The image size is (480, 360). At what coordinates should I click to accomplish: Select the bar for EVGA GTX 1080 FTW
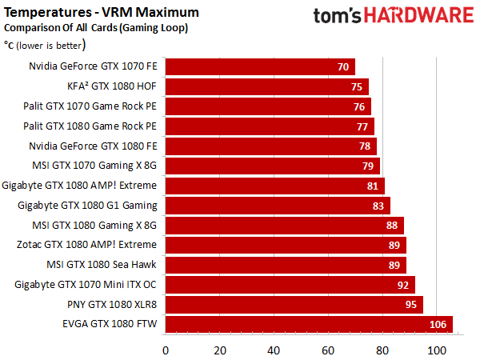[309, 324]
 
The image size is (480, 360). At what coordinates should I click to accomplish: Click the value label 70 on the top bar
[343, 67]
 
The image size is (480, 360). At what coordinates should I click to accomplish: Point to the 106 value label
[438, 324]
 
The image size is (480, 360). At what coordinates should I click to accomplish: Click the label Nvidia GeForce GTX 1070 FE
[93, 67]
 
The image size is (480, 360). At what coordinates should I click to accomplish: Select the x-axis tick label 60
[328, 350]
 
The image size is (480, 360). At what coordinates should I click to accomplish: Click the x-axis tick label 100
[436, 350]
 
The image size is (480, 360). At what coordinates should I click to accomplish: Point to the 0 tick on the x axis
[166, 350]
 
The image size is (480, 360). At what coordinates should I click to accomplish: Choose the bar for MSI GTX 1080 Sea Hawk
[286, 265]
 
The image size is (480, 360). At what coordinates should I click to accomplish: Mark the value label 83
[378, 206]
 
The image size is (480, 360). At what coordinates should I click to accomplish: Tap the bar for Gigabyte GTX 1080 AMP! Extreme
[274, 186]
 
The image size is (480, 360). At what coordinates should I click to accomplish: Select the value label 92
[403, 284]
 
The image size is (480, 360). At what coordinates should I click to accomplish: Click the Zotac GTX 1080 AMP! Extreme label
[94, 245]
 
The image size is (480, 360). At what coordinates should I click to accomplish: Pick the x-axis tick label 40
[274, 350]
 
